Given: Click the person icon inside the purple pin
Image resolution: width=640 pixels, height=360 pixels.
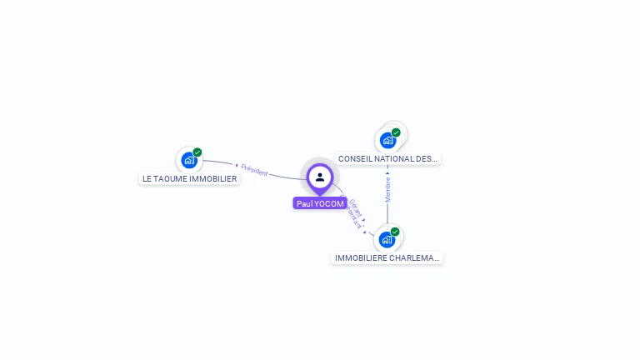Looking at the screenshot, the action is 320,177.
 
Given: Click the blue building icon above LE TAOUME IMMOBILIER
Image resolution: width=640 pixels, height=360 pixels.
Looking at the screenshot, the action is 189,160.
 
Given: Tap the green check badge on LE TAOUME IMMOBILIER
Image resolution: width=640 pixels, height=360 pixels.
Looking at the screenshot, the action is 197,152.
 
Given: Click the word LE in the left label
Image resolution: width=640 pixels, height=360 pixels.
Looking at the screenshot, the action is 147,178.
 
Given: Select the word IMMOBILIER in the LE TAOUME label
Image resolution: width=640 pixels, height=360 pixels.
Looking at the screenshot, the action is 212,178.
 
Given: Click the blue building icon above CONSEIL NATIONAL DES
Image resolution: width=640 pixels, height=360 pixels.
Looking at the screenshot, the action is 387,140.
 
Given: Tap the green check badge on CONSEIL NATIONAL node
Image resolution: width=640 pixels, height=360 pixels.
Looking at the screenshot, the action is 396,132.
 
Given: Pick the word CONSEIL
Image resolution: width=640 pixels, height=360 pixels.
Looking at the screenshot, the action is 355,158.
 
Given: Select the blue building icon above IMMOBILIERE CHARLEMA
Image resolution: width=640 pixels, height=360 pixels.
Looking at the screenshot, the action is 387,240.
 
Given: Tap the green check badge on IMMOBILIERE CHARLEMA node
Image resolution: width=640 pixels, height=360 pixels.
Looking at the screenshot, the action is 395,232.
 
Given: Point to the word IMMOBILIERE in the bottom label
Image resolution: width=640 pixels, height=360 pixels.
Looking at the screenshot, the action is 361,258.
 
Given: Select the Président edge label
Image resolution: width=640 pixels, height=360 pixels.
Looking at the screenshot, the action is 254,172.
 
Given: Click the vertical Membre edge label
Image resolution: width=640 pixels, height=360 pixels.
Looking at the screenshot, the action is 387,188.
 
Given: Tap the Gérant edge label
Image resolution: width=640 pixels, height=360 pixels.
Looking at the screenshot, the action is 355,207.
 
